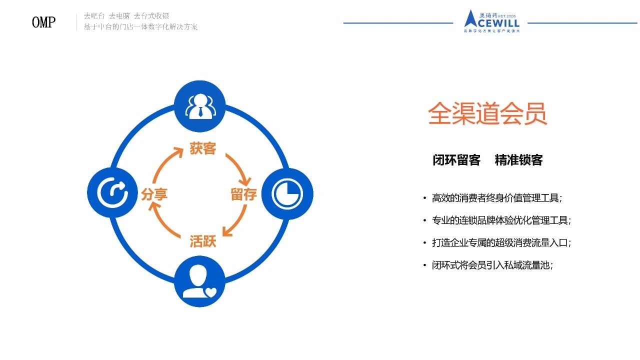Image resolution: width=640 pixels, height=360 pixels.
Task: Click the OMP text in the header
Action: (x=43, y=22)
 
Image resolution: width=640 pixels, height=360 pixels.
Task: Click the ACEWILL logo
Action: (x=491, y=21)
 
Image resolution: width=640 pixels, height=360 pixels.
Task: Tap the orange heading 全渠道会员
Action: (x=487, y=114)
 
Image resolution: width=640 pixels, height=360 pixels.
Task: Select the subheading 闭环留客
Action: (x=456, y=160)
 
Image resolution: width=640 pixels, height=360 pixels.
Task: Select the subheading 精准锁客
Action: (x=518, y=160)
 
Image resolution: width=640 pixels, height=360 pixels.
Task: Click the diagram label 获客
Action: (x=202, y=148)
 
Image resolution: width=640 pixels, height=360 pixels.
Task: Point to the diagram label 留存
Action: (x=243, y=194)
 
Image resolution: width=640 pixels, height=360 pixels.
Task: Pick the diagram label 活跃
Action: (x=202, y=241)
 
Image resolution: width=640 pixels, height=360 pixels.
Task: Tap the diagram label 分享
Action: (x=154, y=194)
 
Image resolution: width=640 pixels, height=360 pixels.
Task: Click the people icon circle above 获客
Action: (x=199, y=105)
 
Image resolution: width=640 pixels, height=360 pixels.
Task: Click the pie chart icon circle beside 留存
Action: (x=287, y=193)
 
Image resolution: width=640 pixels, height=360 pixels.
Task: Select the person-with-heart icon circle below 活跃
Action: (x=199, y=282)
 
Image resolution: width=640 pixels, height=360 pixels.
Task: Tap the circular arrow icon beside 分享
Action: (x=112, y=193)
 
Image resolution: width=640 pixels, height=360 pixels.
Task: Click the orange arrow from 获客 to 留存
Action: (x=238, y=167)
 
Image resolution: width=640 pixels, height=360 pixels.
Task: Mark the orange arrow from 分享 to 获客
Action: (x=166, y=166)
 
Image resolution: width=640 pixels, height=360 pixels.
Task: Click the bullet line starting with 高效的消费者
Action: (x=497, y=198)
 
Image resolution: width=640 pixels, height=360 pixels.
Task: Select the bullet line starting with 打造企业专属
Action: (x=501, y=243)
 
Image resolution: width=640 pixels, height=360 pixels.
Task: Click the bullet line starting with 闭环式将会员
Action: (x=492, y=265)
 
